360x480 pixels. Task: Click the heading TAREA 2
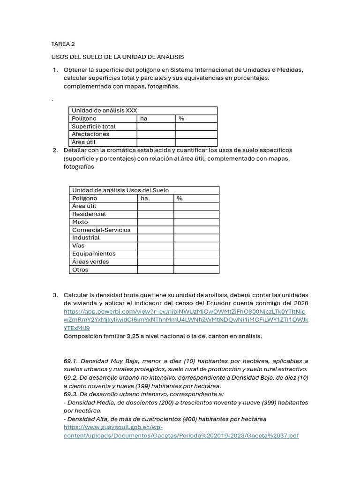point(63,44)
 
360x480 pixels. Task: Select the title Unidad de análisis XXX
point(104,111)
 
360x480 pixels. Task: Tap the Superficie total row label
point(93,127)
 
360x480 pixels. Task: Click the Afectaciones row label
point(90,134)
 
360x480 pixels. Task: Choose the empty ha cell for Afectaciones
point(156,135)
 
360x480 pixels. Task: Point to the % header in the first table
point(181,119)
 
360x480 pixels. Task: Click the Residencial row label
point(89,214)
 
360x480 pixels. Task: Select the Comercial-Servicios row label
point(101,230)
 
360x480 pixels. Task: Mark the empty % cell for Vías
point(196,246)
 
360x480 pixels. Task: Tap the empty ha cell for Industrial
point(155,238)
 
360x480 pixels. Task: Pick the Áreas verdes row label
point(90,262)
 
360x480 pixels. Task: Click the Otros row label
point(80,270)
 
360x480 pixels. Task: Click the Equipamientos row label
point(94,254)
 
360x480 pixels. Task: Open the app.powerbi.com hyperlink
point(186,320)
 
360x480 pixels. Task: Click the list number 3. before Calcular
point(55,295)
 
